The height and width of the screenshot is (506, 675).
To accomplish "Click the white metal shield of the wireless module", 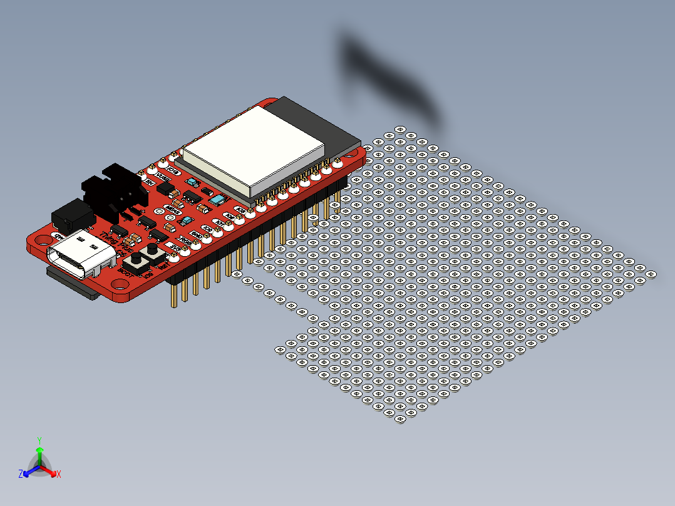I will [x=250, y=147].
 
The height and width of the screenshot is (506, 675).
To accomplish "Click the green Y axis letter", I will [x=39, y=440].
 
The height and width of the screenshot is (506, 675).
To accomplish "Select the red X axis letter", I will [x=59, y=474].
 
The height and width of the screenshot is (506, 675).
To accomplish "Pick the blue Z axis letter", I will [x=21, y=474].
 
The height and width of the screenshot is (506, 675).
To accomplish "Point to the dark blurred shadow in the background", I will [x=388, y=75].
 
